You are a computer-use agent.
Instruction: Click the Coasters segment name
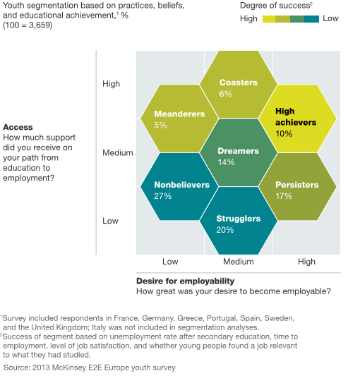(239, 83)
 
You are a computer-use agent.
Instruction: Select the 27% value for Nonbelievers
(163, 196)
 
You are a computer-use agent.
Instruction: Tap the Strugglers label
(239, 219)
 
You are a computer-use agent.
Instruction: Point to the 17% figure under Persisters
(284, 196)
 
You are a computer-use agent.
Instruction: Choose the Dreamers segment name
(239, 151)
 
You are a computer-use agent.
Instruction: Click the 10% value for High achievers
(284, 133)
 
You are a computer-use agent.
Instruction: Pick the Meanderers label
(179, 114)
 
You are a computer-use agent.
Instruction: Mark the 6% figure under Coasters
(226, 94)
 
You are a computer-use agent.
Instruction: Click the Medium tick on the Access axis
(118, 153)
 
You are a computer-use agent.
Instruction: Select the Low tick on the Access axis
(110, 221)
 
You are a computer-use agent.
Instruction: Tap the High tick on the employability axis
(306, 262)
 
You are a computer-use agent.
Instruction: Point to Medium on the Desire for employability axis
(239, 262)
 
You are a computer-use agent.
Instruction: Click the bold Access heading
(18, 127)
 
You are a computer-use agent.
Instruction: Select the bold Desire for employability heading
(185, 281)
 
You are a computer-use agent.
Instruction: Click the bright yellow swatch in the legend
(269, 19)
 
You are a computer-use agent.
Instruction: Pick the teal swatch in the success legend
(311, 19)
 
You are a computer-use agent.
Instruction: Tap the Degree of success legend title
(276, 6)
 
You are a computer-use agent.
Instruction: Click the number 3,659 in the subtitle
(40, 25)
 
